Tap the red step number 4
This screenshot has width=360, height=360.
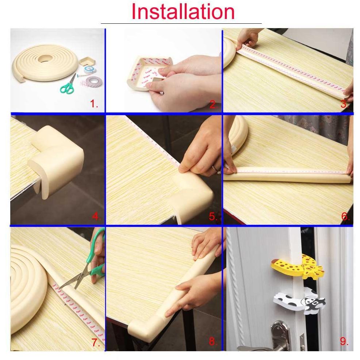pyautogui.click(x=96, y=217)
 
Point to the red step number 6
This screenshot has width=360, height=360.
pyautogui.click(x=345, y=217)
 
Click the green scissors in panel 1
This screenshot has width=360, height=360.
pyautogui.click(x=68, y=86)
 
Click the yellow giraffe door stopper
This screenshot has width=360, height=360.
pyautogui.click(x=297, y=268)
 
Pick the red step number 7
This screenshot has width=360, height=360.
pyautogui.click(x=96, y=342)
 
